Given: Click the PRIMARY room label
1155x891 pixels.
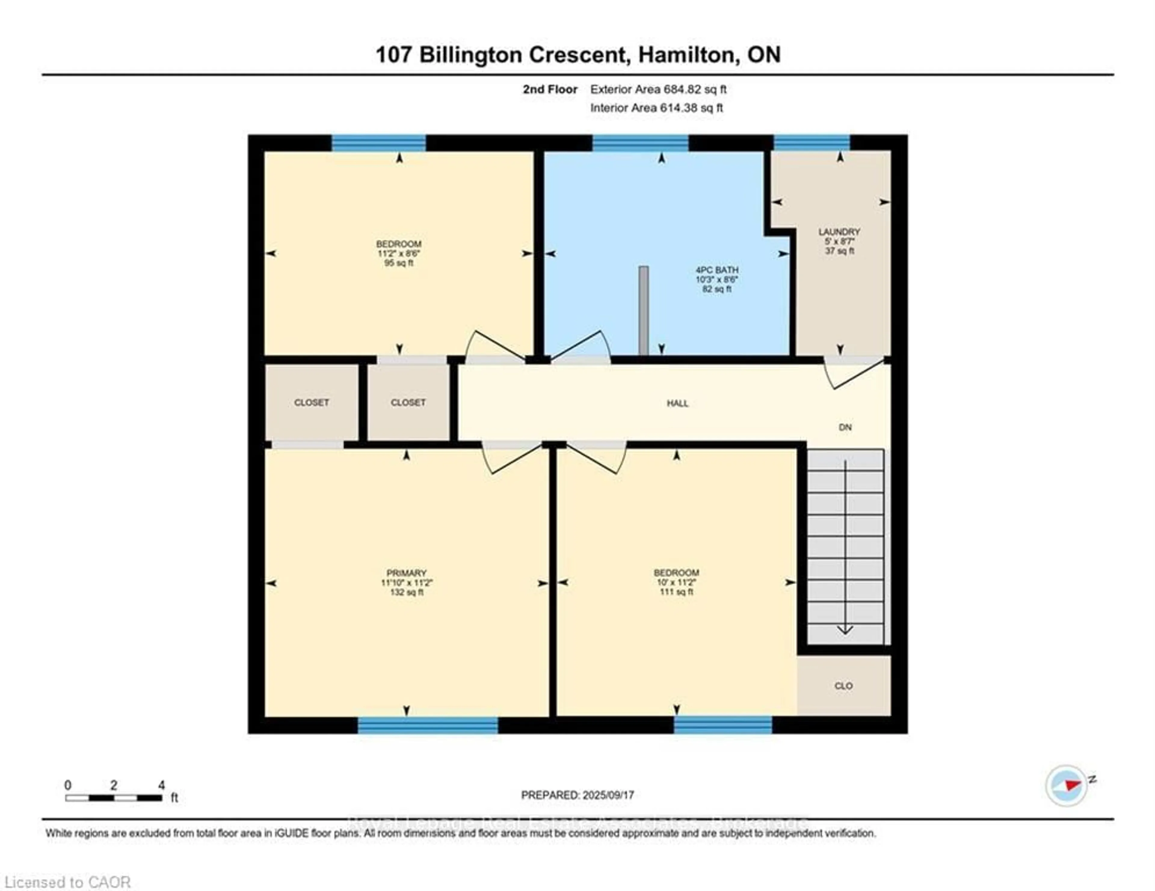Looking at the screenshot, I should coord(406,573).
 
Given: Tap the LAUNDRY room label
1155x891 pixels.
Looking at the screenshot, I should coord(839,231).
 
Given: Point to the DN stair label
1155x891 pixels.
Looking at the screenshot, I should coord(845,427).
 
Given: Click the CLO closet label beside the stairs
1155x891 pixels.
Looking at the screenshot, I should coord(843,686).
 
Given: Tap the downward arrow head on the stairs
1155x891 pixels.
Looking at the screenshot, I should coord(845,630).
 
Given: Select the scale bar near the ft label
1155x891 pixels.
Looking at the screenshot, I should coord(114,798).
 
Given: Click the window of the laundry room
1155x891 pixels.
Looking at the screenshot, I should coord(812,143).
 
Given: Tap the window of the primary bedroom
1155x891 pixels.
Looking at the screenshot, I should coord(428,725).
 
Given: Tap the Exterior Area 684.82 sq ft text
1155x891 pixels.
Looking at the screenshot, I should coord(658,89).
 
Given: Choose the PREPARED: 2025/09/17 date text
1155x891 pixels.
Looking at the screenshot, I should coord(577,795).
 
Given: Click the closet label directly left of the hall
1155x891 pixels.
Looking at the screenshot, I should coord(408,403).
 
